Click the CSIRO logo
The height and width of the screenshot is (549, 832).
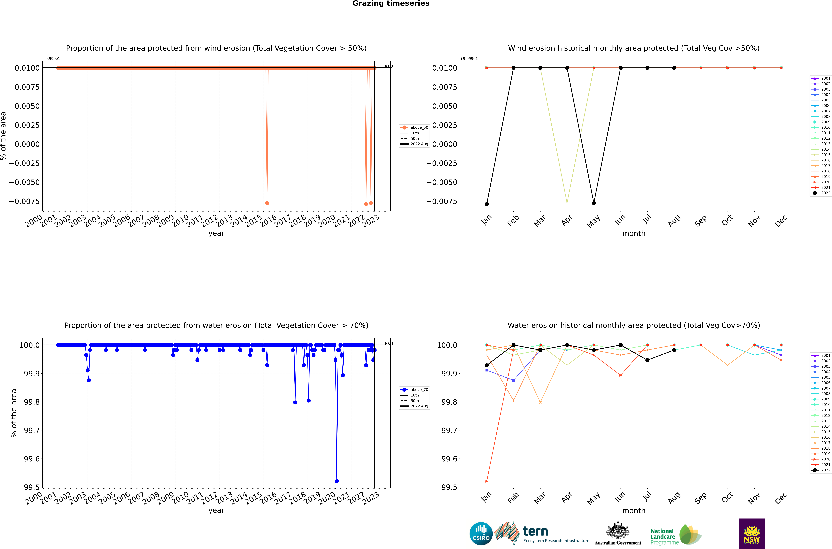[481, 534]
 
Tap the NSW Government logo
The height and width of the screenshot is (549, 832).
[751, 534]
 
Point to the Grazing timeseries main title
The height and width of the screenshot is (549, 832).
[391, 3]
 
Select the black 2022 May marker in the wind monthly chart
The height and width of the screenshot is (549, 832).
[594, 203]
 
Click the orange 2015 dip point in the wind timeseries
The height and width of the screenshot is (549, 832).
[267, 203]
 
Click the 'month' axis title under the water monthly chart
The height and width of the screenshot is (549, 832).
[634, 511]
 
